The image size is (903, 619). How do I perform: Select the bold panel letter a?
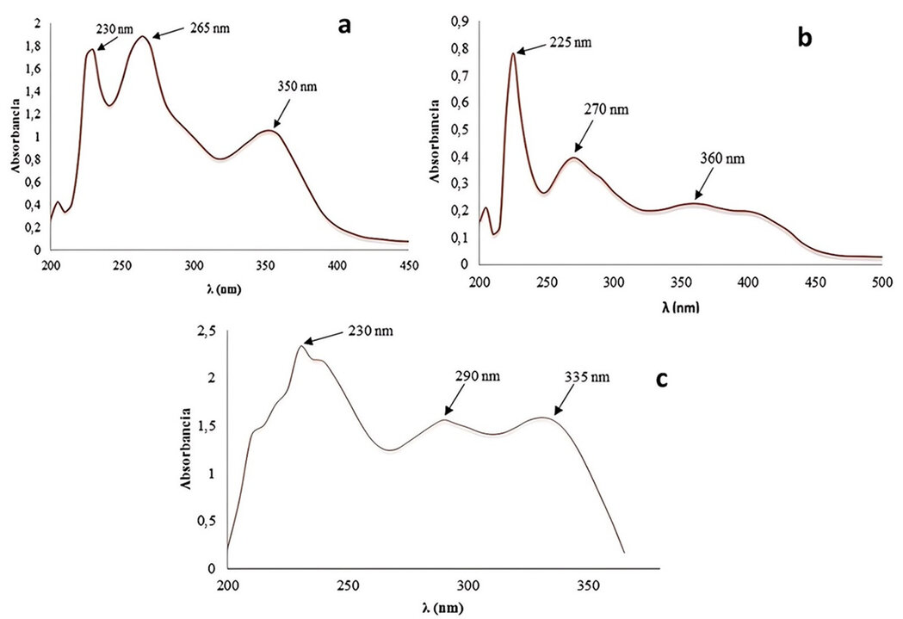(344, 26)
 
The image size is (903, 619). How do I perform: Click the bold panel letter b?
(805, 39)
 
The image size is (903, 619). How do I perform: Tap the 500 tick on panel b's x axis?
(881, 282)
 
